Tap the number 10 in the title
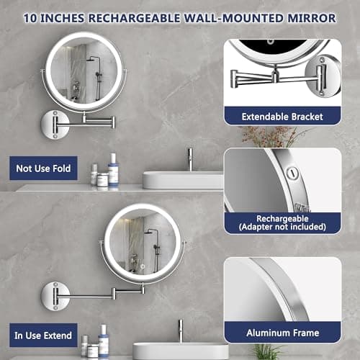click(x=31, y=15)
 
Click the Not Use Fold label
click(x=44, y=169)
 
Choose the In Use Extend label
click(x=44, y=335)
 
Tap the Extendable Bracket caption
click(x=282, y=115)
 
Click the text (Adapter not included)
click(x=282, y=228)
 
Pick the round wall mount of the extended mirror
click(x=56, y=293)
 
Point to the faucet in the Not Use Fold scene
click(x=189, y=158)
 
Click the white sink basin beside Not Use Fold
click(x=182, y=179)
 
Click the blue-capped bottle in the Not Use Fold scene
click(x=113, y=171)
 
